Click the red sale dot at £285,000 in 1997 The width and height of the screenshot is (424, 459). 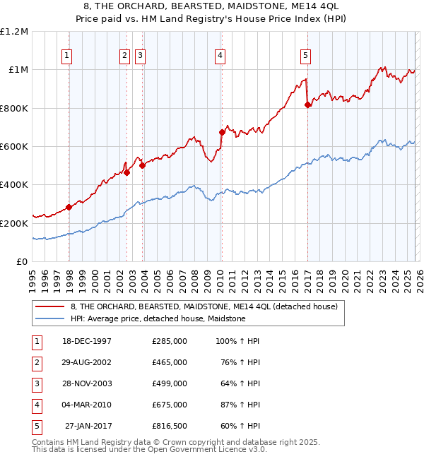pyautogui.click(x=69, y=207)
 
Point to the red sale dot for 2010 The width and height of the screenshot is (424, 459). pyautogui.click(x=222, y=132)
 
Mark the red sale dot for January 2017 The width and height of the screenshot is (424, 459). pyautogui.click(x=307, y=105)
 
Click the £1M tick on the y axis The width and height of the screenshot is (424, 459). pyautogui.click(x=18, y=70)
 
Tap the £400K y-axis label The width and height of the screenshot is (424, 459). pyautogui.click(x=16, y=185)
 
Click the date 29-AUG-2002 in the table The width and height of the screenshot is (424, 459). pyautogui.click(x=87, y=362)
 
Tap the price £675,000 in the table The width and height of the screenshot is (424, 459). pyautogui.click(x=170, y=405)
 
